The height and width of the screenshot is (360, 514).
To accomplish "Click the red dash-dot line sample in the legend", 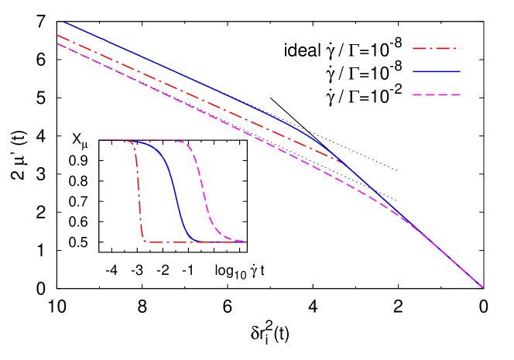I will [x=436, y=48].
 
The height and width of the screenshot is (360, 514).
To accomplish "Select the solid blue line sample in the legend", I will [x=436, y=71].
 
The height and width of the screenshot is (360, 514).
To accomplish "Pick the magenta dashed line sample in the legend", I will [x=436, y=94].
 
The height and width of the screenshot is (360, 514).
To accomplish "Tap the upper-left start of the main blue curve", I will [x=64, y=22].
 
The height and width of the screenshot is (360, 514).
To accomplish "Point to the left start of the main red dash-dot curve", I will [x=57, y=35].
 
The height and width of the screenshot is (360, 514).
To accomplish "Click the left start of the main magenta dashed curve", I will [x=57, y=43].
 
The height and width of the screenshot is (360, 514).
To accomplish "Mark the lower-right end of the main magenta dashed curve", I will [x=482, y=287].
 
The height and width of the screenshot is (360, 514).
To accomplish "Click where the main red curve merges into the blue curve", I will [x=341, y=159].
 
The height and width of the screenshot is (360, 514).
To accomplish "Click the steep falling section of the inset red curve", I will [x=140, y=194].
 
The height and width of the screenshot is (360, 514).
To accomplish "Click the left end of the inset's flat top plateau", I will [x=100, y=140].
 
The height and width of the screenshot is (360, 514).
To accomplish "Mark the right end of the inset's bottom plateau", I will [x=245, y=242].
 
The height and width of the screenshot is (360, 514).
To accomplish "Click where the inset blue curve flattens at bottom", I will [x=191, y=240].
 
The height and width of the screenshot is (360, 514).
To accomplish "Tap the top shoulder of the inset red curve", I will [x=134, y=144].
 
